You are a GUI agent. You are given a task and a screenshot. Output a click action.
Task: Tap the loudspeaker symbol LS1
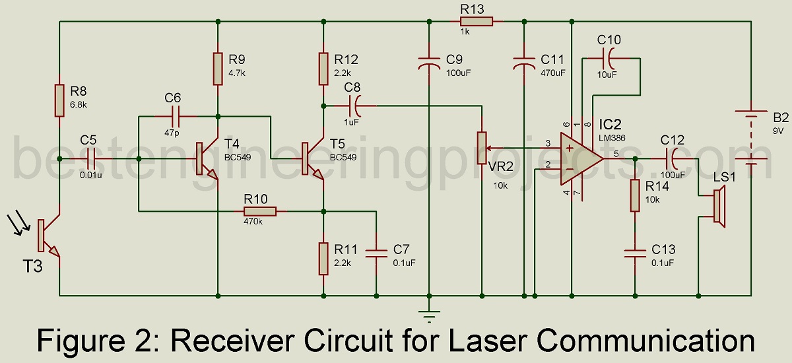point(717,207)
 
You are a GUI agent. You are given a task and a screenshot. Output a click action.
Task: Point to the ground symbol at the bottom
point(430,315)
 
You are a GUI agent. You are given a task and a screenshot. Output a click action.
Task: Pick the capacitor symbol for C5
point(91,158)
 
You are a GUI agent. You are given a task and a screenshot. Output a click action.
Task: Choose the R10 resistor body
point(260,211)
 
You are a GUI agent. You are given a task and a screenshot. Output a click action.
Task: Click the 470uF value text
point(553,72)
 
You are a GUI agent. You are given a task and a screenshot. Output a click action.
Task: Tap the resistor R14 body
point(634,195)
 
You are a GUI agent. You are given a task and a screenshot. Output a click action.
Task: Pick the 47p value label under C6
point(172,132)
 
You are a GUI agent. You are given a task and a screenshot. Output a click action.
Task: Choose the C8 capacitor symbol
point(355,105)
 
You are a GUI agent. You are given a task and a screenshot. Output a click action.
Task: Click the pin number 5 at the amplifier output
point(616,154)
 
